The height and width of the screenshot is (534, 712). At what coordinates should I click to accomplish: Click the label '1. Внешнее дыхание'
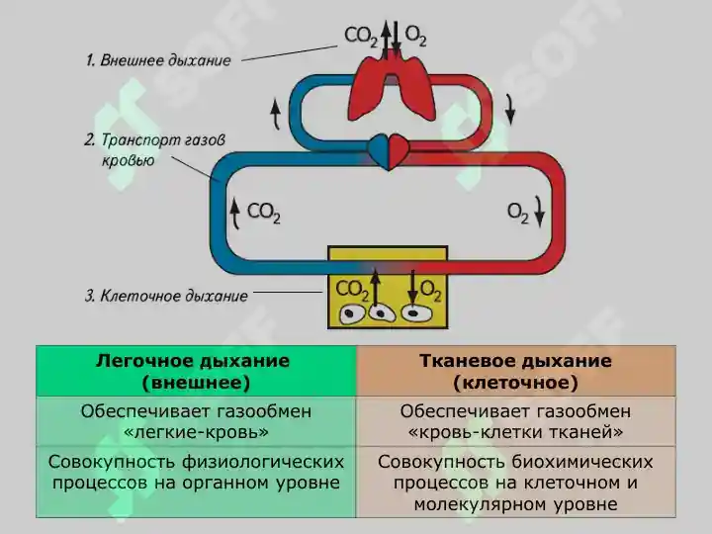[x=158, y=60]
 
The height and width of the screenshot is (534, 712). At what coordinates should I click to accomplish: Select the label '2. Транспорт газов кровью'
[x=154, y=150]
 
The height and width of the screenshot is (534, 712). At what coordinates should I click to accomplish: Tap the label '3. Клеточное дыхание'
[x=167, y=296]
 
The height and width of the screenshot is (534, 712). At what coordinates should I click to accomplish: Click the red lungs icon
[x=391, y=89]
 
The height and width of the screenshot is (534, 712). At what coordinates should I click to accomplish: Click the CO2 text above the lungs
[x=361, y=37]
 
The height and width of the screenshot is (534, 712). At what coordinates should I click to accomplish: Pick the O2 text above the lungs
[x=415, y=36]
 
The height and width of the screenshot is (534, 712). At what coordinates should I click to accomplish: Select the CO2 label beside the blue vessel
[x=263, y=213]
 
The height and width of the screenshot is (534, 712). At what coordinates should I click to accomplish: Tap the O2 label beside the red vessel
[x=517, y=213]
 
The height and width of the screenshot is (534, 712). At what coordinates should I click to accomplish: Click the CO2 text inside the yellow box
[x=352, y=291]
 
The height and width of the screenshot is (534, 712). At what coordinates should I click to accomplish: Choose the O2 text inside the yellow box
[x=430, y=291]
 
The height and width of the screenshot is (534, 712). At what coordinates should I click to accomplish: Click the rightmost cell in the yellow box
[x=417, y=313]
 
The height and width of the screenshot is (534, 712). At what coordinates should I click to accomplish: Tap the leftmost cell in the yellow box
[x=352, y=314]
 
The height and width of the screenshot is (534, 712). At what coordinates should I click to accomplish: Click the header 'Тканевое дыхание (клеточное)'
[x=516, y=372]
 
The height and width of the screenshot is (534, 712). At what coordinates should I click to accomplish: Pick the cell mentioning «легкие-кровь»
[x=196, y=421]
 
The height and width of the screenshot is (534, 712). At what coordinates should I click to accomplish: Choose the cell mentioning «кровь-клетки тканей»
[x=516, y=421]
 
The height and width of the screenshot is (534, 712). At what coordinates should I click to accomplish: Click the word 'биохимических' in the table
[x=582, y=462]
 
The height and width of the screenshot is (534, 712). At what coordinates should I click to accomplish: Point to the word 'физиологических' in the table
[x=263, y=462]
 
